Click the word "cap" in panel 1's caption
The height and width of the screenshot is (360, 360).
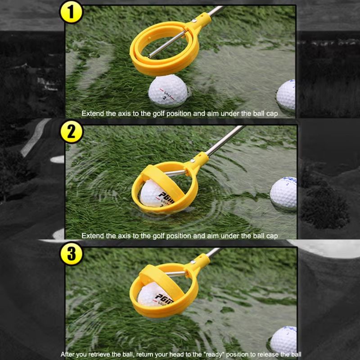pyautogui.click(x=272, y=114)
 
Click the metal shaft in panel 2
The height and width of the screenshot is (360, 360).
pyautogui.click(x=220, y=143)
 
